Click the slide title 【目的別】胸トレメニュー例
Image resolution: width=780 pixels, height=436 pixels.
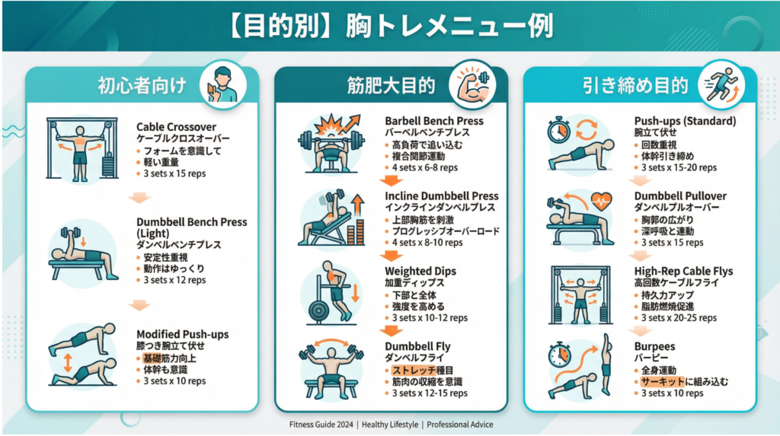pyautogui.click(x=391, y=26)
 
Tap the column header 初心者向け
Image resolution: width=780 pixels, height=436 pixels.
pyautogui.click(x=142, y=85)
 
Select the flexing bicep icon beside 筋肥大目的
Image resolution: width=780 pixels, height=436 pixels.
pyautogui.click(x=472, y=85)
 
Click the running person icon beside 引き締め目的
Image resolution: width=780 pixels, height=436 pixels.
pyautogui.click(x=721, y=85)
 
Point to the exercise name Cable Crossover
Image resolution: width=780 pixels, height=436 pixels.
pyautogui.click(x=176, y=127)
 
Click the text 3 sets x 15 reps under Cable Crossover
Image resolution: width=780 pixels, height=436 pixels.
pyautogui.click(x=174, y=173)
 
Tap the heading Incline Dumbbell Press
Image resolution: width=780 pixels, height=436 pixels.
pyautogui.click(x=441, y=196)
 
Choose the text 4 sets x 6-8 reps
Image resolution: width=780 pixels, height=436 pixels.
pyautogui.click(x=425, y=167)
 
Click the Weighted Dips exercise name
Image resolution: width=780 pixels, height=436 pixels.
pyautogui.click(x=420, y=271)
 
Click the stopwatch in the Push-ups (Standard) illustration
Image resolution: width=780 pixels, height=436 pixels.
pyautogui.click(x=558, y=130)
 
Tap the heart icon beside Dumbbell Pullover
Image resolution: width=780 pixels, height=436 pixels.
pyautogui.click(x=601, y=201)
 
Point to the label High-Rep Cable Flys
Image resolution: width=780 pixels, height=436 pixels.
pyautogui.click(x=683, y=271)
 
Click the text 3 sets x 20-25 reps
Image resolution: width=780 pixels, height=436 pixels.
pyautogui.click(x=679, y=317)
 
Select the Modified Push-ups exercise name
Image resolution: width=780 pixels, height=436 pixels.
pyautogui.click(x=183, y=334)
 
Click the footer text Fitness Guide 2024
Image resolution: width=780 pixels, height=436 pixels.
pyautogui.click(x=321, y=425)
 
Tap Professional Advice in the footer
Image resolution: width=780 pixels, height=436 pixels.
pyautogui.click(x=459, y=425)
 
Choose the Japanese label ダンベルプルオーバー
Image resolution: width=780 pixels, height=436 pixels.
pyautogui.click(x=676, y=207)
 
